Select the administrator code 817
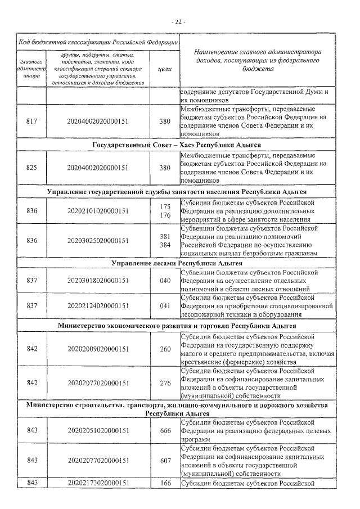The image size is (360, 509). click(x=32, y=120)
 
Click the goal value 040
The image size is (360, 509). click(x=165, y=280)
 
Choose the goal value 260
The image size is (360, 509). click(x=165, y=349)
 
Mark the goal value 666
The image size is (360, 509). click(x=165, y=430)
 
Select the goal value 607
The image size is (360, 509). click(x=165, y=460)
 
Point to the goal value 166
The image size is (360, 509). click(x=165, y=483)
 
